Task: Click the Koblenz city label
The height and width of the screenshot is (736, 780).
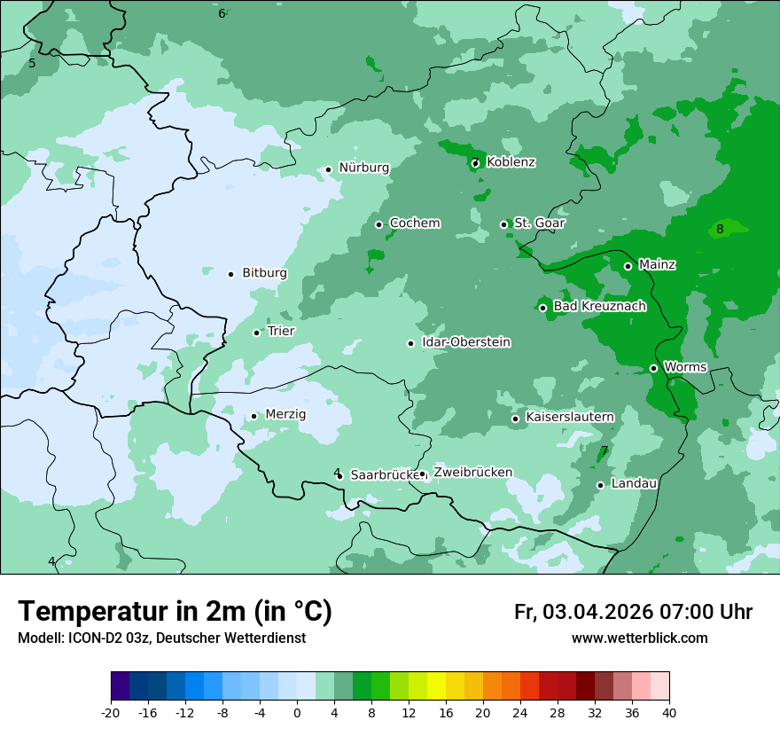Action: point(511,162)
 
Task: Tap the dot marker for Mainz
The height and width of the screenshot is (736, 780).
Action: point(628,266)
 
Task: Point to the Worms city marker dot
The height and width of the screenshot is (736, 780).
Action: point(653,368)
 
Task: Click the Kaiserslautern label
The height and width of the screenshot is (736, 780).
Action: point(569,417)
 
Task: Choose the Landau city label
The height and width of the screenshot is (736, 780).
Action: point(634,483)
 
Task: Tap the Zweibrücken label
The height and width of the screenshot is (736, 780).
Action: point(472,472)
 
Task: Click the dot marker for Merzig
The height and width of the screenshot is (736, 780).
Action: point(253,416)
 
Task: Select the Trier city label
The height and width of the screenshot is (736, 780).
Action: point(281,331)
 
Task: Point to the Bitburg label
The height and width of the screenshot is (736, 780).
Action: point(264,273)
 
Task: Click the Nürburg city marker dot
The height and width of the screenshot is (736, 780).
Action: point(328,169)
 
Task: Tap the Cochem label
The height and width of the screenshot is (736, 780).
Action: point(414,223)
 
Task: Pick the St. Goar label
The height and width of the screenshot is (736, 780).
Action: point(539,223)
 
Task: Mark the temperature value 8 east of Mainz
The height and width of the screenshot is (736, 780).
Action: point(720,229)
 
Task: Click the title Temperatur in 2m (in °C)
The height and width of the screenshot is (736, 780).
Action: point(175,611)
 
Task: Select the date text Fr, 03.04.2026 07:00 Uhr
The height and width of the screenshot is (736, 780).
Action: point(633,612)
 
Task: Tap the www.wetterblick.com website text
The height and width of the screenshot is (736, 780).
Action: point(639,638)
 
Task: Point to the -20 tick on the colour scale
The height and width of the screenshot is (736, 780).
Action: point(111,712)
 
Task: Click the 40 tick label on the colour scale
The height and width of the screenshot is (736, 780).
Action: point(669,712)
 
